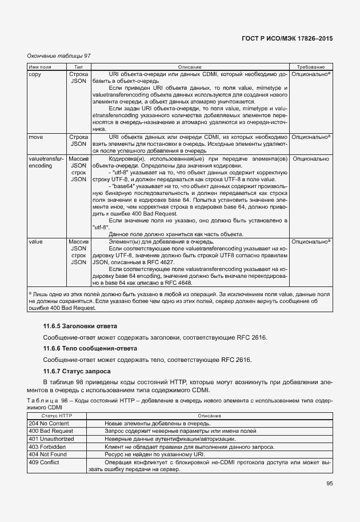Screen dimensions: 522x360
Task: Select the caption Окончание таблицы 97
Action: tap(59, 56)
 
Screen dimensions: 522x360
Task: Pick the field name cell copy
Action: tap(34, 75)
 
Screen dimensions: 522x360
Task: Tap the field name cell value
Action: tap(35, 242)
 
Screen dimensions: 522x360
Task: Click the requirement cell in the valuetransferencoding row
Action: tap(310, 158)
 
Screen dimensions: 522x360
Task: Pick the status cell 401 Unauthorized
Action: tap(51, 439)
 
